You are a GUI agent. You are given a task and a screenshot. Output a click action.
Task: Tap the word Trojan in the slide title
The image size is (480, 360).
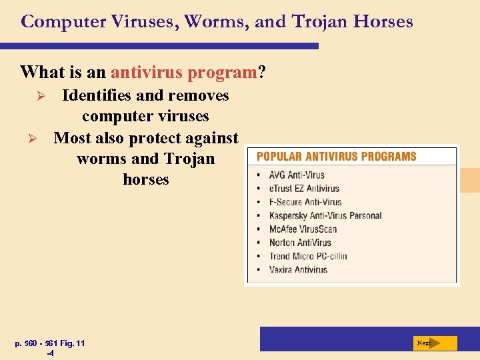(319, 21)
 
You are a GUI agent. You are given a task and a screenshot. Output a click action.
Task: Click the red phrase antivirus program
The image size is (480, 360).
(184, 71)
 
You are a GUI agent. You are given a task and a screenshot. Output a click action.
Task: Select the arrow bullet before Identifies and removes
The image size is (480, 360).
(39, 97)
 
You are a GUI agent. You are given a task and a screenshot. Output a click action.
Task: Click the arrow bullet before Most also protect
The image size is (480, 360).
(39, 139)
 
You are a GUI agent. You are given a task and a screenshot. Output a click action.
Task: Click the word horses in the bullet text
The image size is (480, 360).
(146, 179)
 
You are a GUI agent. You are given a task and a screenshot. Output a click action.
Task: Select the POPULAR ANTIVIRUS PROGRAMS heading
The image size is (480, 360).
(336, 157)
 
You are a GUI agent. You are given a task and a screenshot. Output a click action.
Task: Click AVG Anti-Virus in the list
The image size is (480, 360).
(297, 175)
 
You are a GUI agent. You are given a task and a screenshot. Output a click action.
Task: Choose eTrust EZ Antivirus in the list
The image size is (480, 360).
(304, 189)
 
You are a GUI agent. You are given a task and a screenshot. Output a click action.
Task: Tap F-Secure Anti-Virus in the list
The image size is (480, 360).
(305, 202)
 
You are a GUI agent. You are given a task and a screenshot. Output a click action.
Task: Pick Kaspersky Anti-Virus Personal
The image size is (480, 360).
(325, 215)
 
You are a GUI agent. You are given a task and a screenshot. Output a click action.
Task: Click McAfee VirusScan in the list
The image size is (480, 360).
(303, 229)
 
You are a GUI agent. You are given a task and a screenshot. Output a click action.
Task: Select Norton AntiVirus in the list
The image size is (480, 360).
(300, 243)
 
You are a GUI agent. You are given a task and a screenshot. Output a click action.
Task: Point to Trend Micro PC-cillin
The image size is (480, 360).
(308, 256)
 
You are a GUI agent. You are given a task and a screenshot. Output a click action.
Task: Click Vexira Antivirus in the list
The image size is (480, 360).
(298, 269)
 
